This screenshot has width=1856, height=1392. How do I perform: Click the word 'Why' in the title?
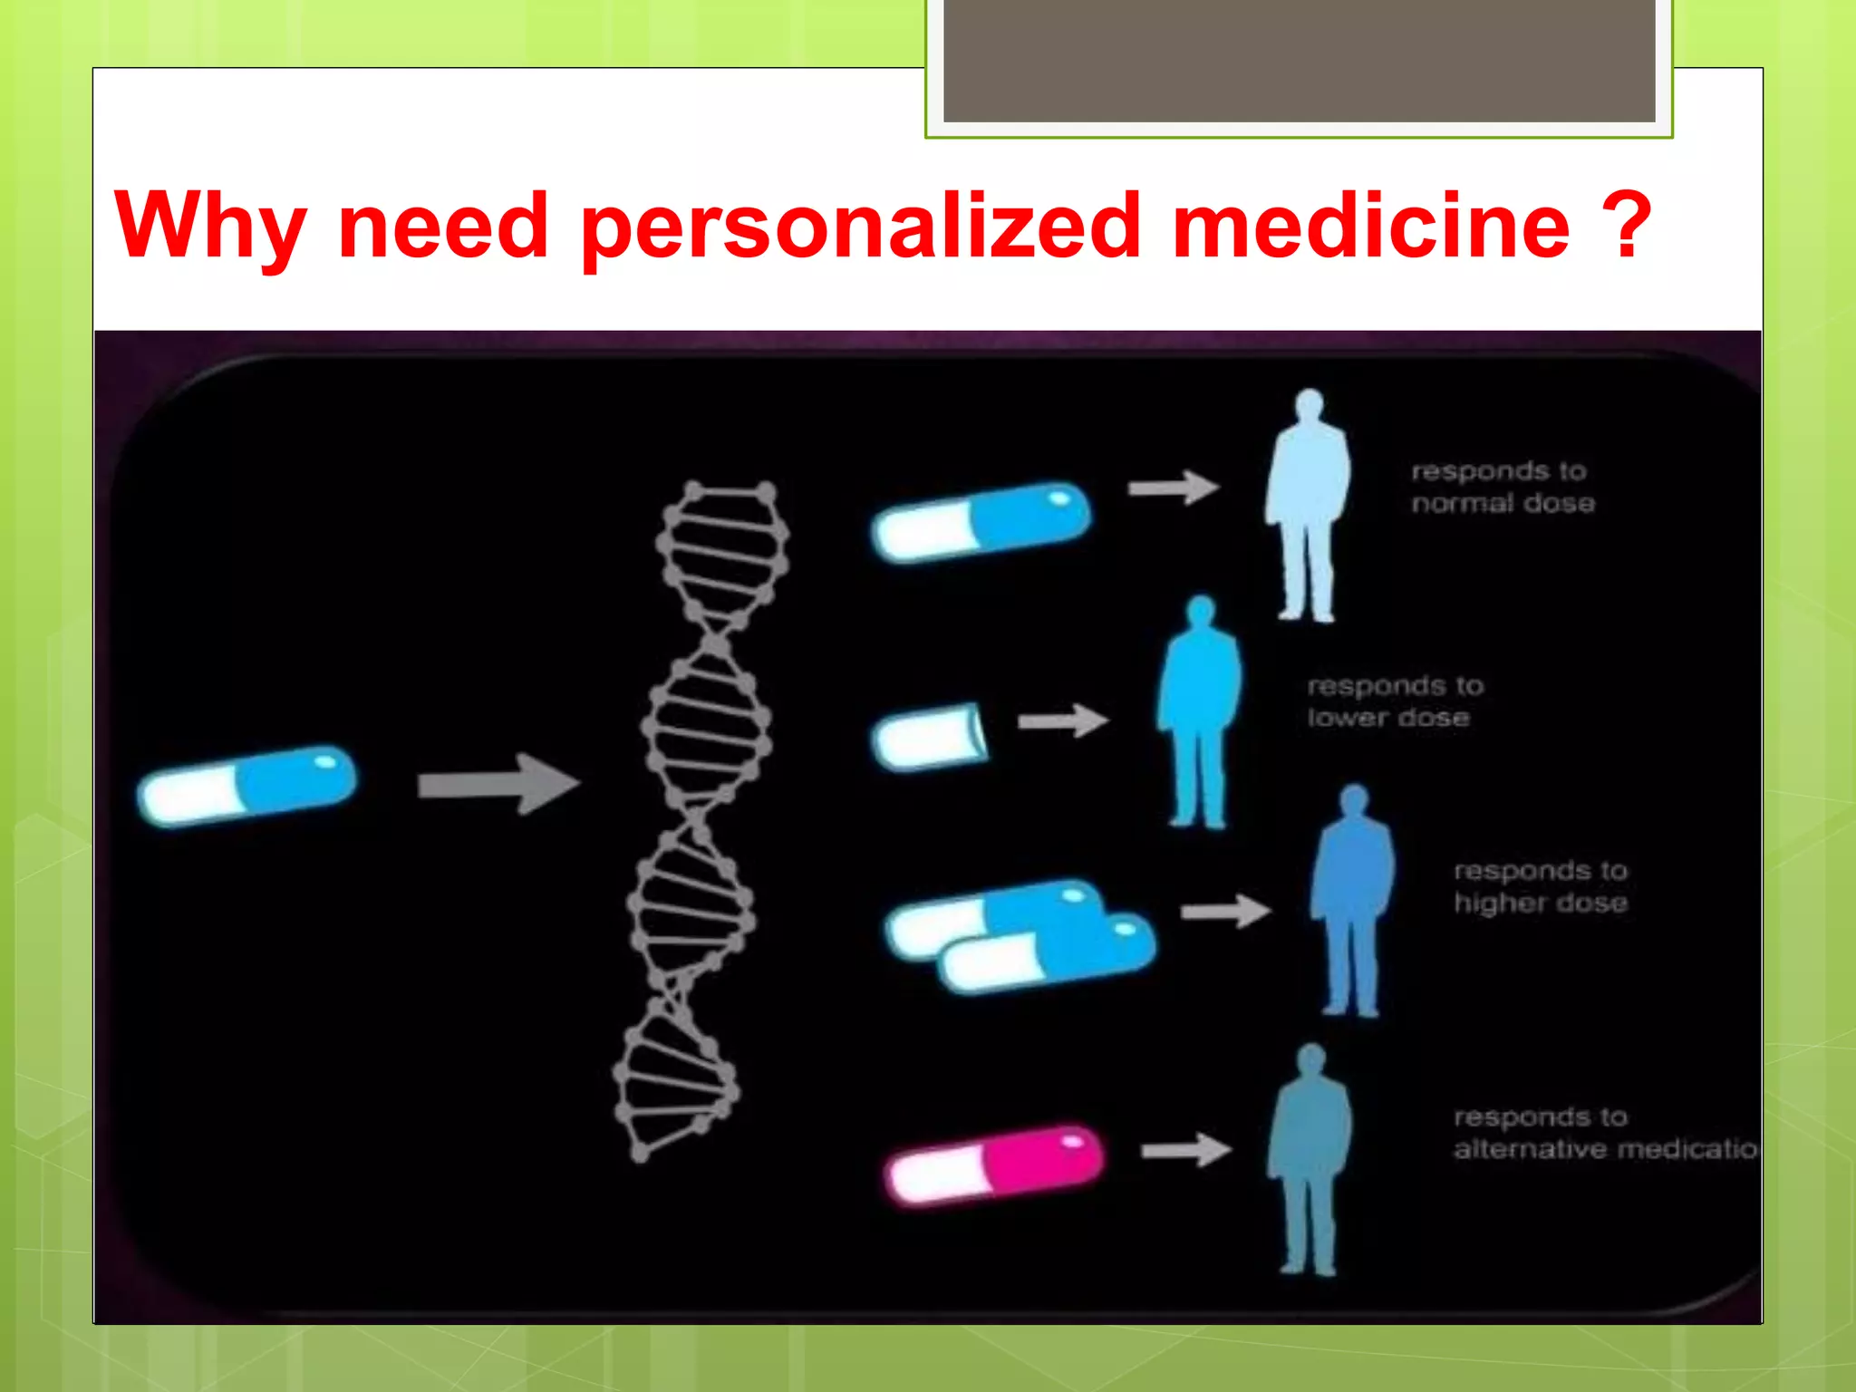(x=210, y=227)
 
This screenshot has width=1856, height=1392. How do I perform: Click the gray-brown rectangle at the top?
(x=1299, y=60)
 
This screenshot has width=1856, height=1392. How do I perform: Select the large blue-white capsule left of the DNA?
(x=247, y=786)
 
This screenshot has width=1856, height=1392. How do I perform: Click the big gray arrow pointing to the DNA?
(x=498, y=784)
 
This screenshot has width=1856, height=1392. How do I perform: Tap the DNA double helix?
(x=698, y=816)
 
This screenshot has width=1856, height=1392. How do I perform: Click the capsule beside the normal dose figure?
(x=981, y=521)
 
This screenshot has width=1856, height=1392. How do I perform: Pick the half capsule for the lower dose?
(x=931, y=737)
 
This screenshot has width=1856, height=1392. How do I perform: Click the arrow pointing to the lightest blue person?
(x=1173, y=488)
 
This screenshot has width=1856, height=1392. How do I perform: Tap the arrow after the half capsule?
(x=1063, y=721)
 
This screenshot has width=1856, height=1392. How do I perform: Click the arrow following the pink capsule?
(x=1185, y=1151)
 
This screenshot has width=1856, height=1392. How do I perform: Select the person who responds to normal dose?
(x=1307, y=507)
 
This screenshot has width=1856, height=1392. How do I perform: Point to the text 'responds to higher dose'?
(x=1540, y=887)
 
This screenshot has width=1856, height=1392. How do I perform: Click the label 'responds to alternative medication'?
(x=1604, y=1133)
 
